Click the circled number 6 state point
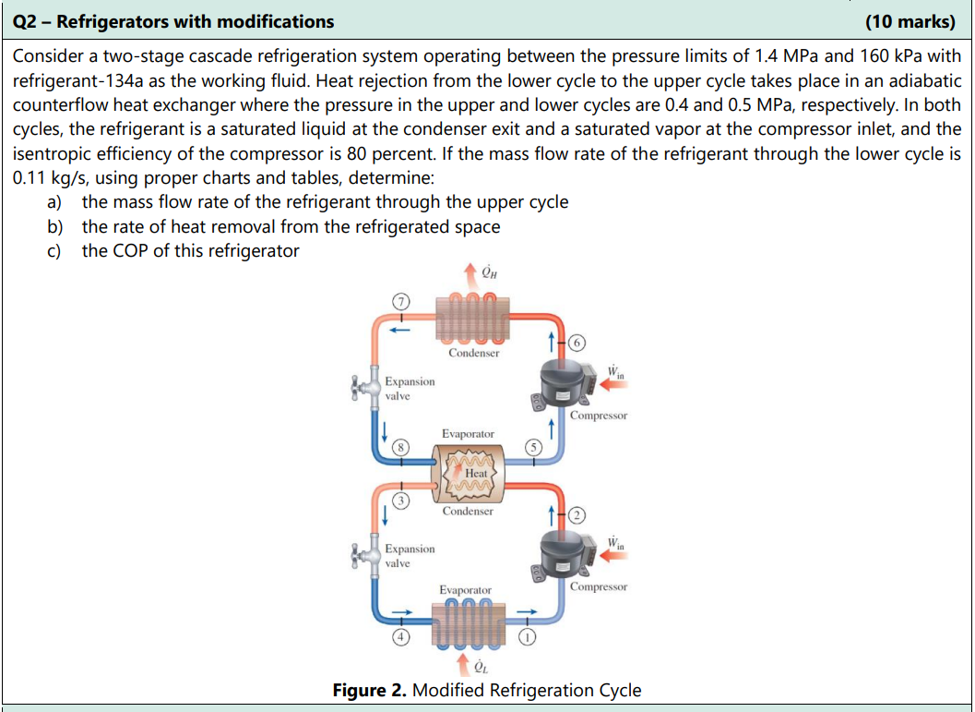(x=578, y=343)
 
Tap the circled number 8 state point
(x=399, y=446)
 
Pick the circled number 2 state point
(x=578, y=514)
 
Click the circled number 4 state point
(x=399, y=636)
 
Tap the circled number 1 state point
(x=526, y=636)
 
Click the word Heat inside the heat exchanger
(x=476, y=473)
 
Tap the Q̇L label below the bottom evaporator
(x=480, y=668)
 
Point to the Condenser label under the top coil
(x=473, y=353)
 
